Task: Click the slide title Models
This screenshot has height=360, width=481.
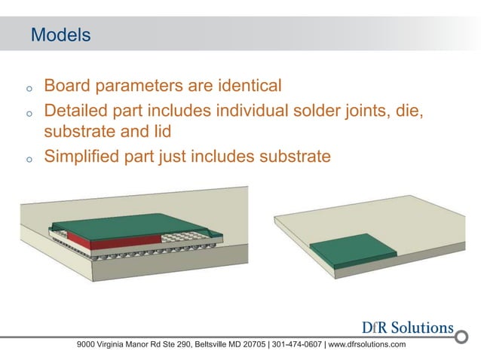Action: (60, 35)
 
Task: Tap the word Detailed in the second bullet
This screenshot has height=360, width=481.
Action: (79, 111)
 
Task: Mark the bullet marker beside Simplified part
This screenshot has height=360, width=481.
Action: (27, 160)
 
